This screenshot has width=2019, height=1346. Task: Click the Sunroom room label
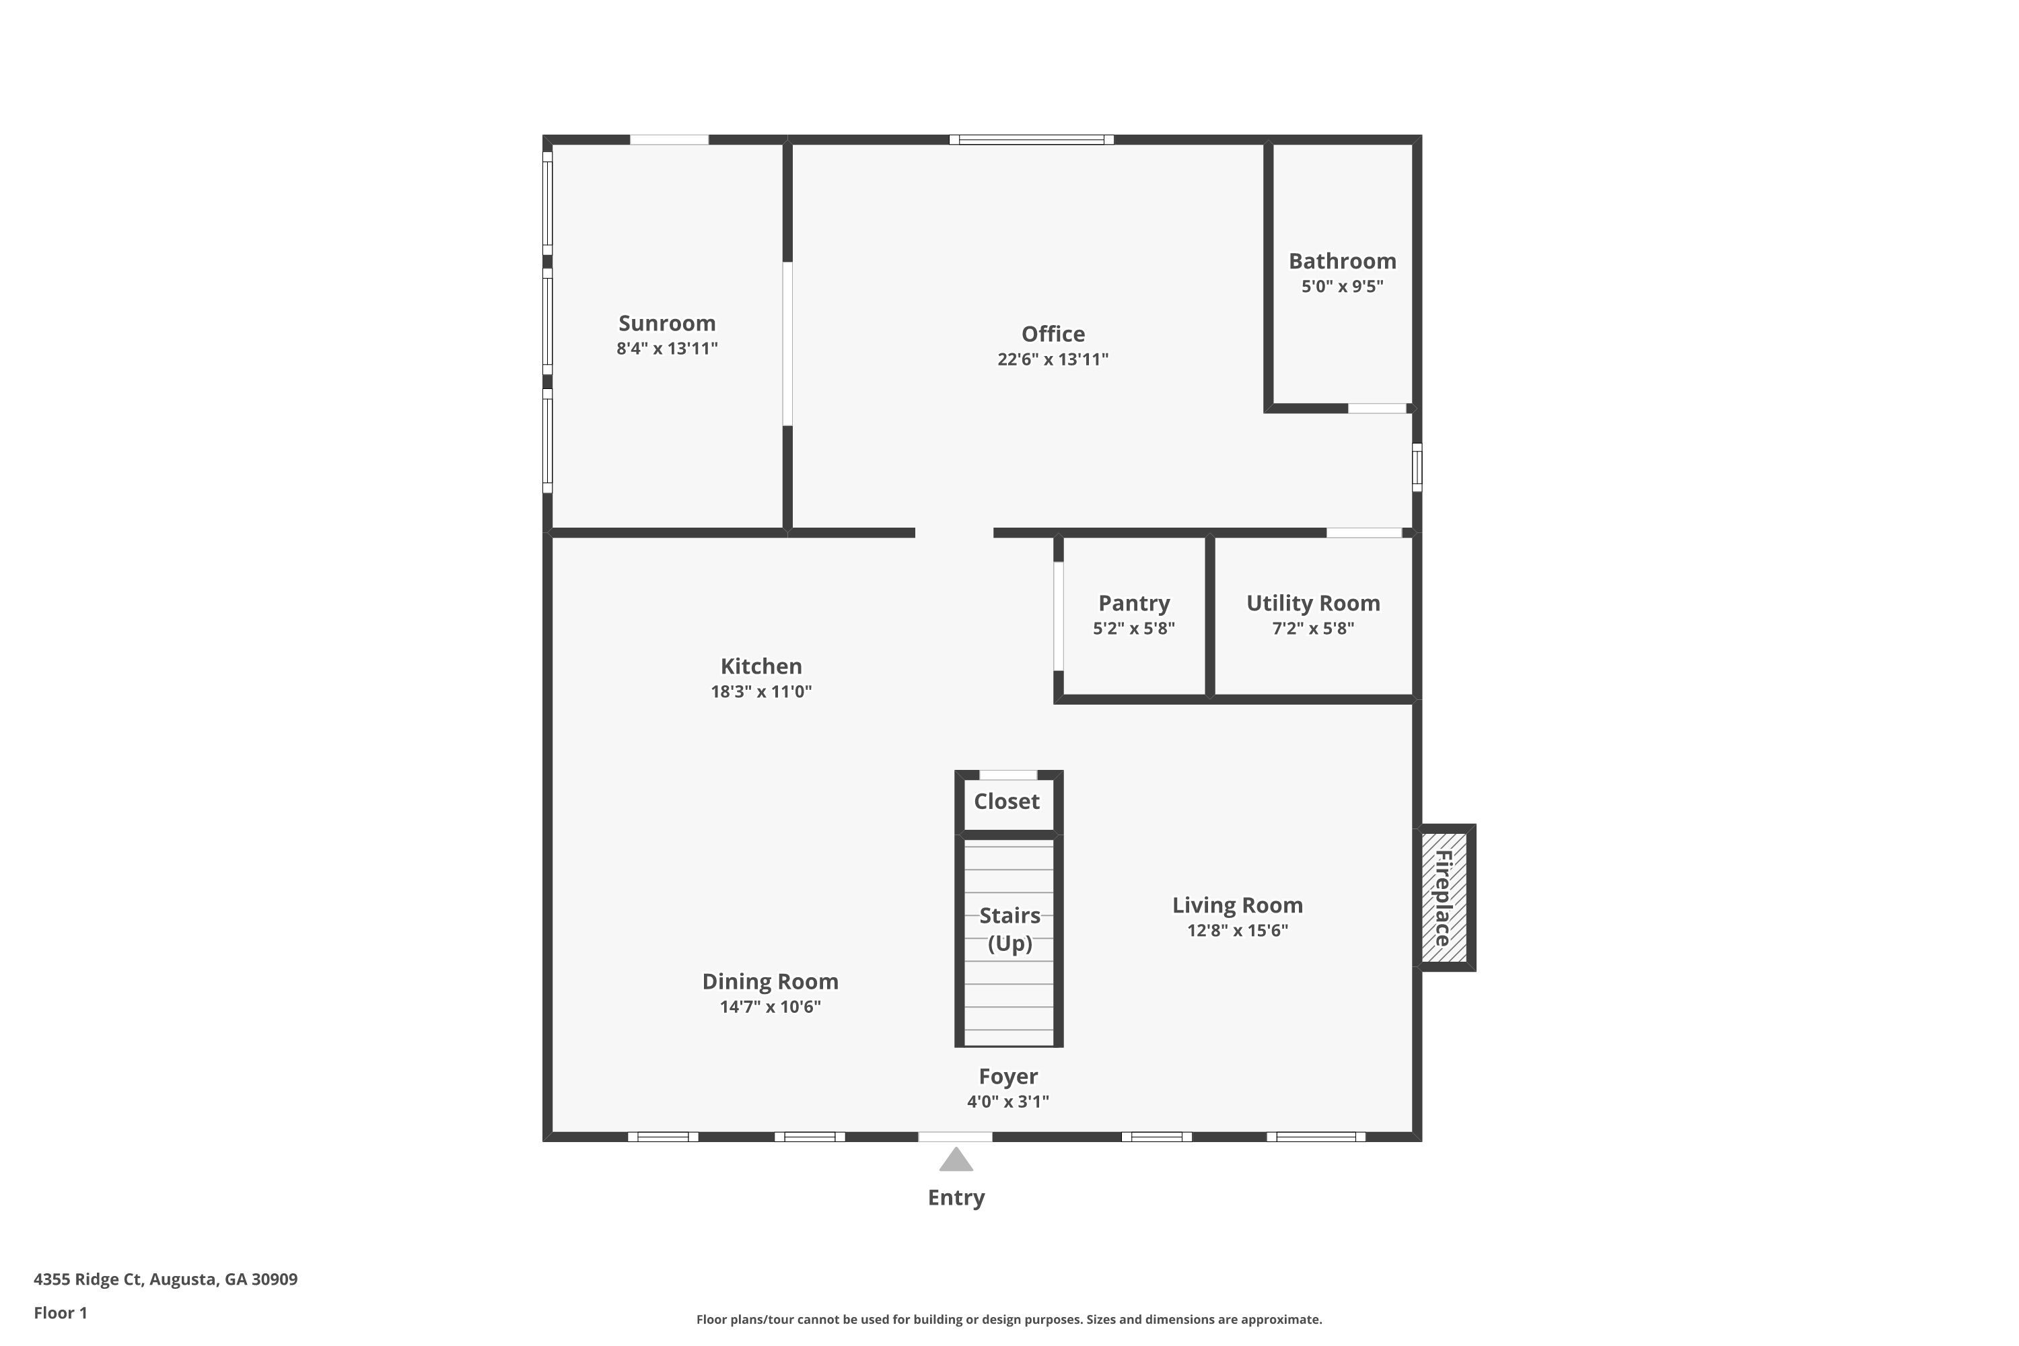pos(666,324)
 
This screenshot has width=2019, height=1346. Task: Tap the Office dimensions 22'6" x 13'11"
pos(1053,359)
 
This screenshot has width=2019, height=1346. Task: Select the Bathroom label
pos(1342,261)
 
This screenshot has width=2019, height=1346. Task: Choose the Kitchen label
pos(760,666)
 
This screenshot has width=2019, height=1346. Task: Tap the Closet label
pos(1006,802)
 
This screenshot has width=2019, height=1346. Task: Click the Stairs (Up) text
pos(1010,929)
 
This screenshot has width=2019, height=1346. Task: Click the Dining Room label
pos(770,981)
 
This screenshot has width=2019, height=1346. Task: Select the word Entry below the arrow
pos(956,1197)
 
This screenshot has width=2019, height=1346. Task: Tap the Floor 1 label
pos(60,1312)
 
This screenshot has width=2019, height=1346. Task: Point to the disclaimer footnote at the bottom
pos(1009,1319)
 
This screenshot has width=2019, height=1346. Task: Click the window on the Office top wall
pos(1031,140)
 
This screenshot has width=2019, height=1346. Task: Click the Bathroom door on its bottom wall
pos(1377,409)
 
